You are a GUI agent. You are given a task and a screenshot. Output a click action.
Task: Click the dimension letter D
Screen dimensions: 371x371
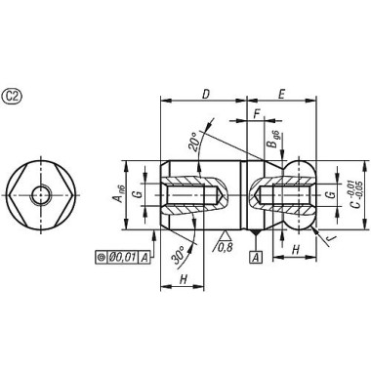pyautogui.click(x=206, y=94)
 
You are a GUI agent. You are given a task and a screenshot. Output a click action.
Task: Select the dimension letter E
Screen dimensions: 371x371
pyautogui.click(x=280, y=94)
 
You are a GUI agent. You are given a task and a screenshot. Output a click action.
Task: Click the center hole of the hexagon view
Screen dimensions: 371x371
pyautogui.click(x=40, y=195)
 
